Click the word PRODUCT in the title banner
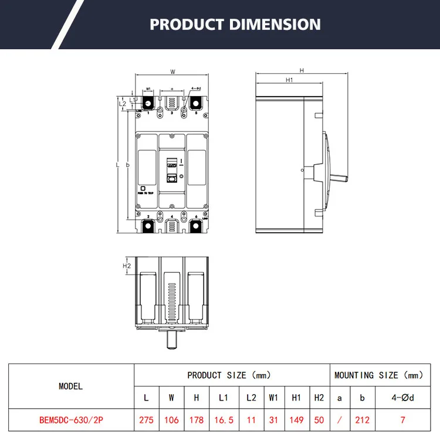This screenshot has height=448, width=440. [x=186, y=25]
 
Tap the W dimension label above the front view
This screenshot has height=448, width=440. [x=172, y=72]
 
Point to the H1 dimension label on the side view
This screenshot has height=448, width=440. [x=289, y=80]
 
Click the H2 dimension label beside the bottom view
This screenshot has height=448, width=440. [x=126, y=266]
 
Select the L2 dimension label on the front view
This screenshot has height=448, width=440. [x=123, y=103]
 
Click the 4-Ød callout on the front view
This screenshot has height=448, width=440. [x=196, y=89]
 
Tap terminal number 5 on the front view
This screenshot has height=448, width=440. [x=196, y=113]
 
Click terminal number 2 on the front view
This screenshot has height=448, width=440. [x=148, y=217]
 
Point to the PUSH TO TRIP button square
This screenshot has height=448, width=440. [x=143, y=187]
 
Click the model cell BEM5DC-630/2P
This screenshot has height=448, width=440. [x=71, y=420]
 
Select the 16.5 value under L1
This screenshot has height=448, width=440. [x=223, y=420]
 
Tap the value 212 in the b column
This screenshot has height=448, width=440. [x=362, y=420]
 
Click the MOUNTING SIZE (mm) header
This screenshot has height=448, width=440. [x=378, y=375]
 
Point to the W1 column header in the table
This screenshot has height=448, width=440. [x=273, y=397]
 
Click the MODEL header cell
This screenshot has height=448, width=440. [x=71, y=386]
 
